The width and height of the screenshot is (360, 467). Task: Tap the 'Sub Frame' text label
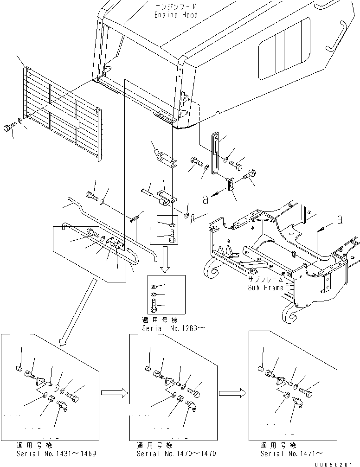coord(265,288)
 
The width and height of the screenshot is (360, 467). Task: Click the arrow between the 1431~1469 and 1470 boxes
coord(114,393)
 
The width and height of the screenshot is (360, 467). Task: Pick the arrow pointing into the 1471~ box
coord(232,393)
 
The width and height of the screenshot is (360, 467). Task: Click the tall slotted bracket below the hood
coord(215,154)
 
